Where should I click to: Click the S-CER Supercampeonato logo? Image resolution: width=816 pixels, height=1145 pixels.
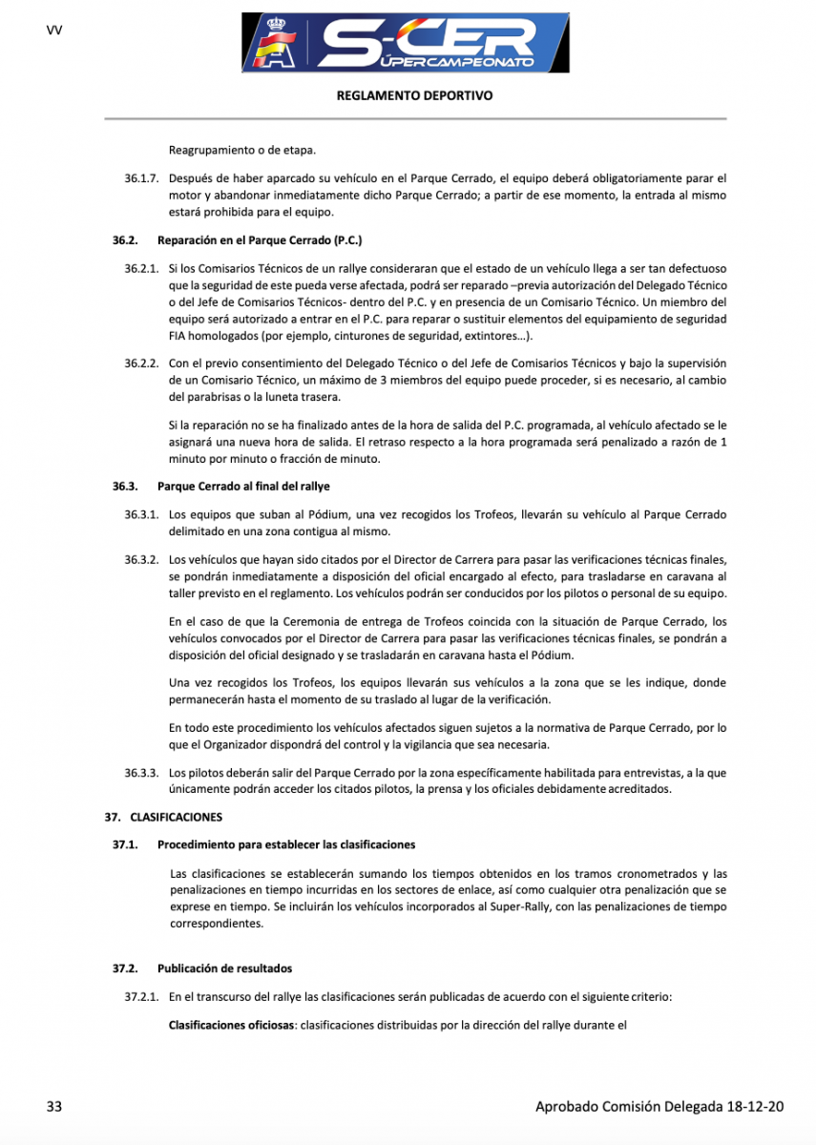coord(407,43)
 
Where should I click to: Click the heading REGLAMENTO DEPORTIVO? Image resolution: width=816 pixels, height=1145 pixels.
coord(415,96)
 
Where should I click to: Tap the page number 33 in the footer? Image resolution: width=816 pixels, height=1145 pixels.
coord(54,1107)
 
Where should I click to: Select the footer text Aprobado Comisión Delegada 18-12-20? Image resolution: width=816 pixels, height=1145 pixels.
coord(659,1107)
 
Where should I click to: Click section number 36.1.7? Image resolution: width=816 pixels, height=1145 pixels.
coord(141,178)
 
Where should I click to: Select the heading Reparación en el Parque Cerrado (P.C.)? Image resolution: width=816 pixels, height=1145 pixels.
coord(260,240)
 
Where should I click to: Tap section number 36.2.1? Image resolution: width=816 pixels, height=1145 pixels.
coord(141,271)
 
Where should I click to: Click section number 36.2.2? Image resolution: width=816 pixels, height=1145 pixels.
coord(141,364)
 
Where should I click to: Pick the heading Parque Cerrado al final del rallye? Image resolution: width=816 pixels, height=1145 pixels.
coord(243,487)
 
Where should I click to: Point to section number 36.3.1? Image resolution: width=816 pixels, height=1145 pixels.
coord(141,515)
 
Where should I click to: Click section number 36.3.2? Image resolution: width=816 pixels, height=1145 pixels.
coord(141,560)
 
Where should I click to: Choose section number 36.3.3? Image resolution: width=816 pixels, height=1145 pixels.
coord(141,773)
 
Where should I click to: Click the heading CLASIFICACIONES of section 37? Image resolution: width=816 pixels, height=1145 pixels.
coord(176,817)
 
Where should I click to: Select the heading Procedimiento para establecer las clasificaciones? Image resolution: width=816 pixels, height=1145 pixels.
coord(286,844)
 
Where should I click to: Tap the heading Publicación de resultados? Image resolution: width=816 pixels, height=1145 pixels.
coord(224,968)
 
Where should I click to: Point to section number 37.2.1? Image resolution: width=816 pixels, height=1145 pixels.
coord(141,997)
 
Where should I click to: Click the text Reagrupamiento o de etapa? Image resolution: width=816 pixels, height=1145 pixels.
coord(241,150)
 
